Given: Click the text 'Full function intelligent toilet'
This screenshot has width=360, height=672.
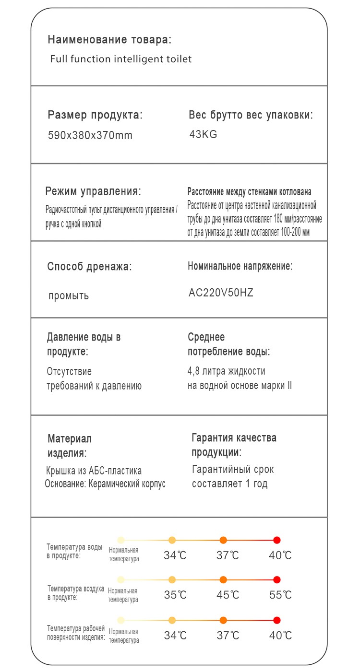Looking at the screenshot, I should click(121, 59).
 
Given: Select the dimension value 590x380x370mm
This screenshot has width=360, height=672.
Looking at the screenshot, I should click(90, 135).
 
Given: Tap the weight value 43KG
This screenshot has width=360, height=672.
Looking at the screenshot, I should click(203, 134).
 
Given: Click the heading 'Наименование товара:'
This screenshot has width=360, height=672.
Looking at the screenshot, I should click(109, 39).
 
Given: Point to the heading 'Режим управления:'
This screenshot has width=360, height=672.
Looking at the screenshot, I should click(93, 191).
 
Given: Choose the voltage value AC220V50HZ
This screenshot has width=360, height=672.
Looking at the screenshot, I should click(221, 293).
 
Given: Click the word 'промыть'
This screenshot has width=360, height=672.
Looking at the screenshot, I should click(69, 295).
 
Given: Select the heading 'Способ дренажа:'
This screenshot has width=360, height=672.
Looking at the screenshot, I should click(89, 267).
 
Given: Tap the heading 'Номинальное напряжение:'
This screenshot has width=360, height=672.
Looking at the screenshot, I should click(240, 266).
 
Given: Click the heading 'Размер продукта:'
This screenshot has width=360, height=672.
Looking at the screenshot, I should click(95, 115).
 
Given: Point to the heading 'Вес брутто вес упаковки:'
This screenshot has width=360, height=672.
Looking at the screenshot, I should click(251, 115).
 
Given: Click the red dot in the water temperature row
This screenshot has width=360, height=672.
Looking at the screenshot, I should click(277, 540).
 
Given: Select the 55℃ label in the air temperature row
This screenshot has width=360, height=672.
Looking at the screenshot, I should click(280, 595).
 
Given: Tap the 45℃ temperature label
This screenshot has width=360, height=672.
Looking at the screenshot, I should click(228, 595).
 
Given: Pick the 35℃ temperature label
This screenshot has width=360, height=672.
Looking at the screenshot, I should click(175, 595).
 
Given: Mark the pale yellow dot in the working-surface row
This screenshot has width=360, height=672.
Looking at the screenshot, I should click(121, 620).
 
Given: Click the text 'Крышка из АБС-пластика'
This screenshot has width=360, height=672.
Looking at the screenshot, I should click(94, 471).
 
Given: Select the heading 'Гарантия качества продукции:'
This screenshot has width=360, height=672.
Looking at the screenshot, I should click(234, 445).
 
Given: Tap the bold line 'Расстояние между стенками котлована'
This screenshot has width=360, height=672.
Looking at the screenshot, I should click(249, 192).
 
